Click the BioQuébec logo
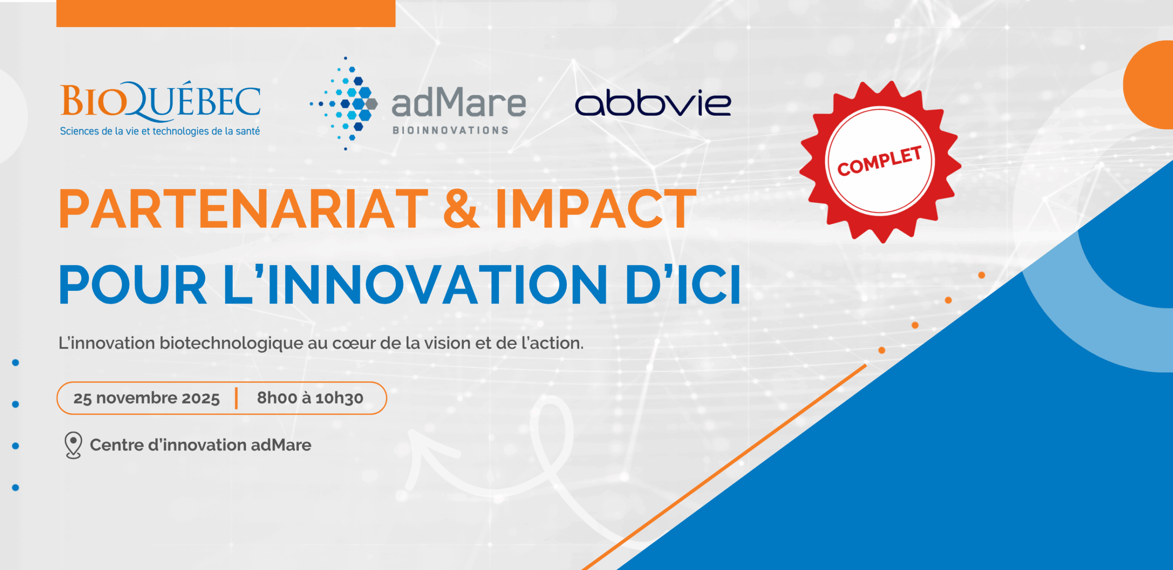[x=160, y=109]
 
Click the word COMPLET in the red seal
[x=879, y=161]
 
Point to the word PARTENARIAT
[x=243, y=209]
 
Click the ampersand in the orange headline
[x=461, y=209]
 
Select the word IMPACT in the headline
[x=596, y=209]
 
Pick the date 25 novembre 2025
[x=147, y=398]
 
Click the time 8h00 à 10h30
[x=310, y=398]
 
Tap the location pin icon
[x=73, y=445]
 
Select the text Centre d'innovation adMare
[x=201, y=445]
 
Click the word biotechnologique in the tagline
[x=231, y=343]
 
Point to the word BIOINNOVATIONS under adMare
[x=450, y=131]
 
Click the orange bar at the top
[x=226, y=13]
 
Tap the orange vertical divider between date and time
[x=236, y=398]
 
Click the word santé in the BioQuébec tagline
[x=248, y=131]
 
